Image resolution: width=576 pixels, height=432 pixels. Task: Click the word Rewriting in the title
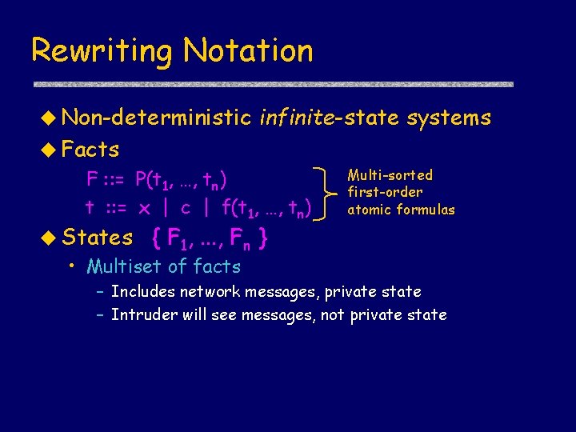pyautogui.click(x=101, y=52)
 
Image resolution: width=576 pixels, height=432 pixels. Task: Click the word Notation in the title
pyautogui.click(x=248, y=50)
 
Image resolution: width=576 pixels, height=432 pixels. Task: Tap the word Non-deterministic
pyautogui.click(x=156, y=118)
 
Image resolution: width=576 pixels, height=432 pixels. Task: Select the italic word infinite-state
pyautogui.click(x=329, y=118)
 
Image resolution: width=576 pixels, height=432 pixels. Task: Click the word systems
pyautogui.click(x=449, y=119)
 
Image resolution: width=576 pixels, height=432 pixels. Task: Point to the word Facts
pyautogui.click(x=90, y=150)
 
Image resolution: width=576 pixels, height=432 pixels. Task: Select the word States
pyautogui.click(x=98, y=238)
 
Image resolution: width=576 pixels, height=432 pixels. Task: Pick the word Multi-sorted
pyautogui.click(x=390, y=175)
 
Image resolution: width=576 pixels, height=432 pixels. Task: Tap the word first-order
pyautogui.click(x=385, y=192)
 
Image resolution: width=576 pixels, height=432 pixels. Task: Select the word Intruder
pyautogui.click(x=144, y=314)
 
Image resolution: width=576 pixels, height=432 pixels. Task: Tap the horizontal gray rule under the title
pyautogui.click(x=272, y=83)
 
